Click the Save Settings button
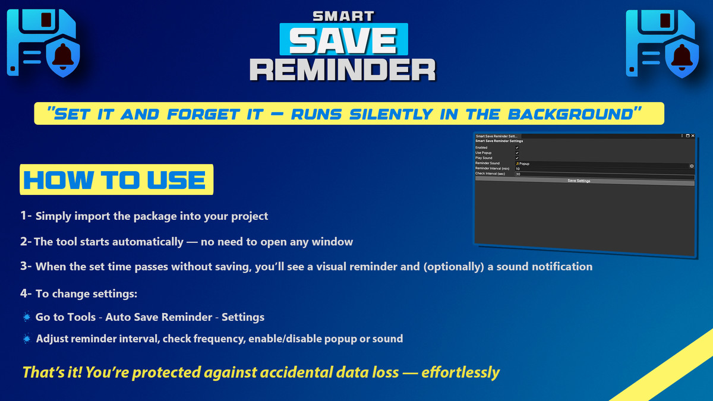[x=579, y=181]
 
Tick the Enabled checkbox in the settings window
[x=517, y=147]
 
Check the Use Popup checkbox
[x=517, y=153]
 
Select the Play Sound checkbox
[x=517, y=158]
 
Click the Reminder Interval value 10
[x=518, y=169]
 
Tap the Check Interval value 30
[x=518, y=174]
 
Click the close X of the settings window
[x=693, y=136]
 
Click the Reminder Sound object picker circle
[x=692, y=166]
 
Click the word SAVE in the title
[x=343, y=40]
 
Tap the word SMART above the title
[x=343, y=15]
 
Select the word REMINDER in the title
[x=343, y=69]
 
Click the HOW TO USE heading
[x=115, y=179]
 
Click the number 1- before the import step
[x=26, y=216]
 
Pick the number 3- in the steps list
[x=26, y=266]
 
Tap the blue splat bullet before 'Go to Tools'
[x=26, y=317]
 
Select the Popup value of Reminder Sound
[x=523, y=163]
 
